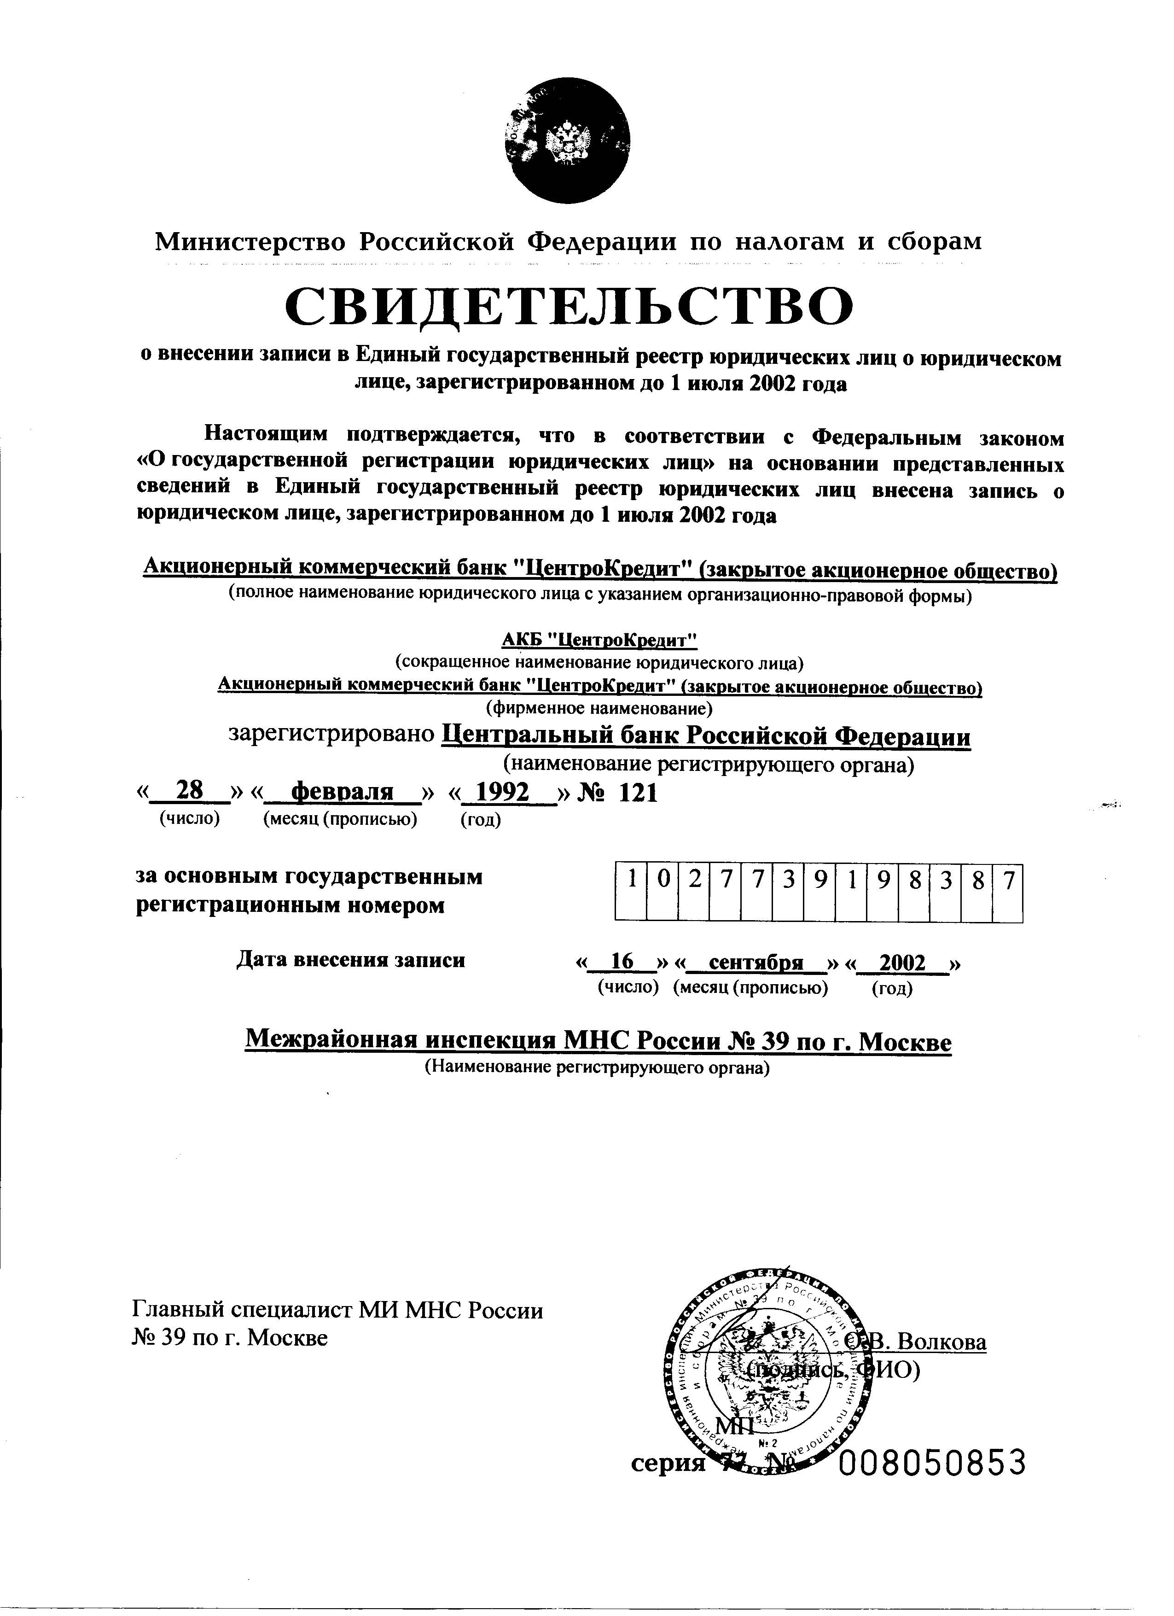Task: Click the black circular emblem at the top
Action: (x=568, y=141)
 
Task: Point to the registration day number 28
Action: (x=190, y=791)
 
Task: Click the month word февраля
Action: (x=343, y=792)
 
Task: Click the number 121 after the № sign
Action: (x=638, y=792)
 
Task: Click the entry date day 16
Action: (x=622, y=963)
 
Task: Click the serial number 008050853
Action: (x=932, y=1464)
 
